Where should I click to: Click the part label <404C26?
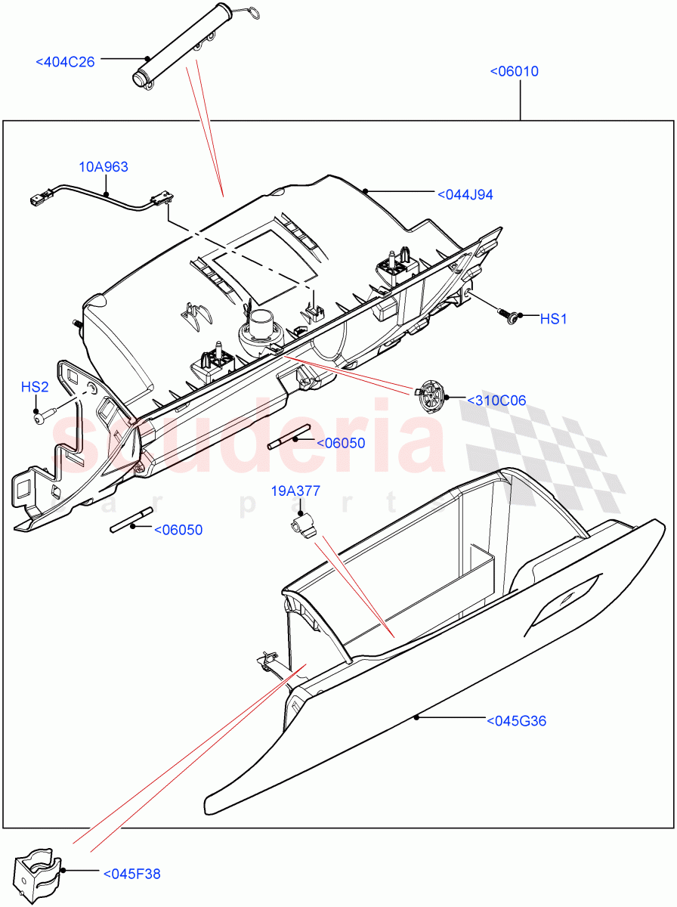click(x=65, y=62)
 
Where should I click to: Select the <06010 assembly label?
click(x=514, y=72)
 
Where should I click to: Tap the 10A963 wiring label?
click(x=104, y=167)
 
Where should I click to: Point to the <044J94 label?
click(x=465, y=195)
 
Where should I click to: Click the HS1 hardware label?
click(x=553, y=320)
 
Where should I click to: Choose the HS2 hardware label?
click(x=35, y=388)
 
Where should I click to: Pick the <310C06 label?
click(x=496, y=401)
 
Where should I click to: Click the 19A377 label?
click(x=295, y=491)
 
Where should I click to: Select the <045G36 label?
click(x=516, y=721)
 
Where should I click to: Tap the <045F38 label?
click(x=131, y=874)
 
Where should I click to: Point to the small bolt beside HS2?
click(x=42, y=413)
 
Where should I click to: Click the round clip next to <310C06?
click(x=431, y=395)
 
